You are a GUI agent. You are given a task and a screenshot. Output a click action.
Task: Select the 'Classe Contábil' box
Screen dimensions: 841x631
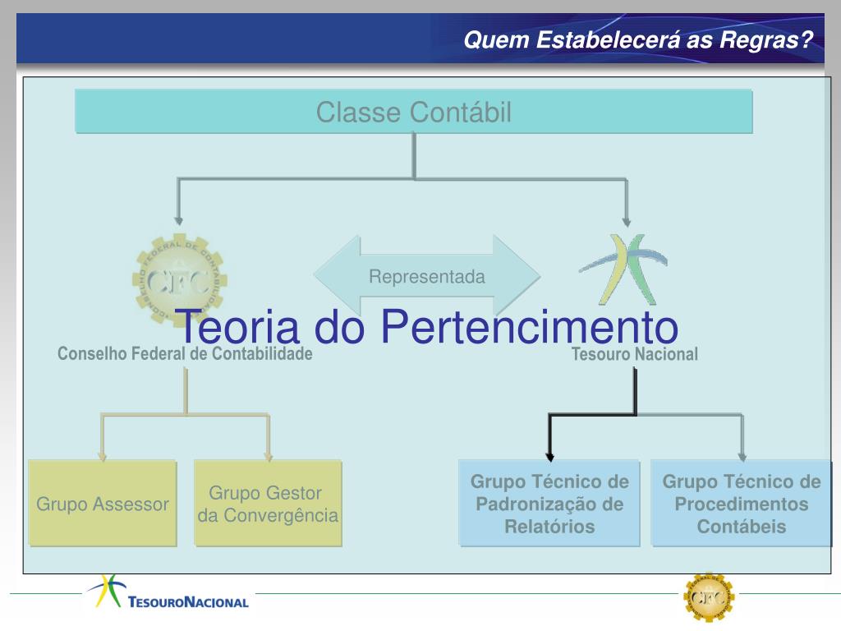pyautogui.click(x=414, y=112)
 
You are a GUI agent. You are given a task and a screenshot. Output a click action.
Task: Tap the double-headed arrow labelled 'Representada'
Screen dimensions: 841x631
pyautogui.click(x=427, y=277)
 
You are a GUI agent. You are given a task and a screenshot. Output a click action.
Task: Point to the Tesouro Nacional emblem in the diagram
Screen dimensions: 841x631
pyautogui.click(x=623, y=269)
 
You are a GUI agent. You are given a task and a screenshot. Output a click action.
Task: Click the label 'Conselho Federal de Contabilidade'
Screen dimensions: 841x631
pyautogui.click(x=185, y=354)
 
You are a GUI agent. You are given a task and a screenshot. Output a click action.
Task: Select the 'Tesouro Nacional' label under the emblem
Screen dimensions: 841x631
pyautogui.click(x=635, y=355)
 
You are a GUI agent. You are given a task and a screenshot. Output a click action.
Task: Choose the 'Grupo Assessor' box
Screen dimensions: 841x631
pyautogui.click(x=103, y=504)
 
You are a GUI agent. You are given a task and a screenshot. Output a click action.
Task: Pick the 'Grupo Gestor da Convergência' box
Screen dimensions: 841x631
pyautogui.click(x=268, y=504)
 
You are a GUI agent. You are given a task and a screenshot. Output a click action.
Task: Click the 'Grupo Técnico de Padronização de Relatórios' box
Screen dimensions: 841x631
pyautogui.click(x=549, y=504)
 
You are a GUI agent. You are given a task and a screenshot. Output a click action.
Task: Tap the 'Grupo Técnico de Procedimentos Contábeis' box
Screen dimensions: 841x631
pyautogui.click(x=742, y=504)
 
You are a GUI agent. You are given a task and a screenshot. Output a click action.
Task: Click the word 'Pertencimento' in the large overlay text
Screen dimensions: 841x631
pyautogui.click(x=529, y=327)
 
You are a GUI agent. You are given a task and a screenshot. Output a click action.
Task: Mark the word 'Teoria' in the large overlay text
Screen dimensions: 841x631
pyautogui.click(x=238, y=327)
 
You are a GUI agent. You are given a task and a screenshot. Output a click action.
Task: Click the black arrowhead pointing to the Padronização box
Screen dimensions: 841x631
pyautogui.click(x=549, y=454)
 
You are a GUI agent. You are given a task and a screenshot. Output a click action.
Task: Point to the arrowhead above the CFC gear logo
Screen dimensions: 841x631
pyautogui.click(x=178, y=219)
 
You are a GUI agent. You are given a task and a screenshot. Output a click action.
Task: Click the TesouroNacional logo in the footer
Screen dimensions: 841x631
pyautogui.click(x=169, y=594)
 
